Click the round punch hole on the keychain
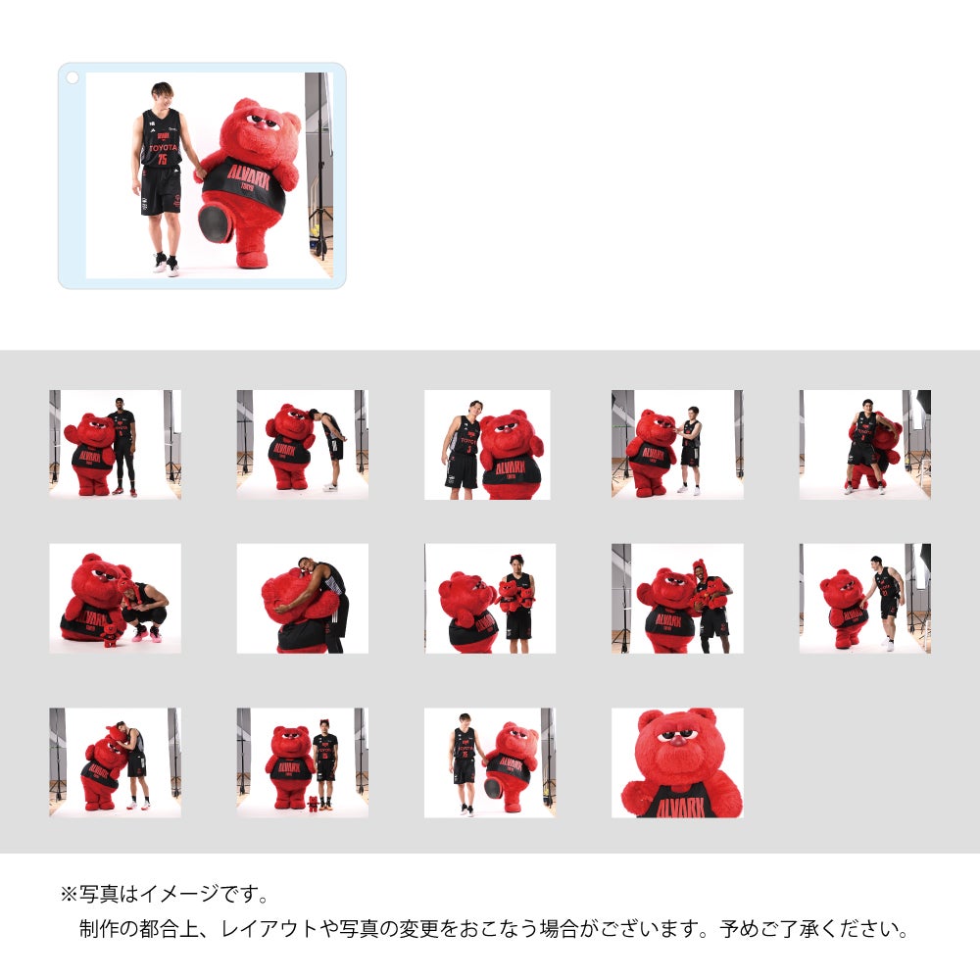click(x=72, y=76)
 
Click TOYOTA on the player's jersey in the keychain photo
click(x=162, y=150)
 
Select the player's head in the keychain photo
click(x=161, y=95)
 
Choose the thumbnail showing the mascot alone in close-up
click(x=677, y=762)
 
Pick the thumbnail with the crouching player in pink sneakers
click(x=115, y=598)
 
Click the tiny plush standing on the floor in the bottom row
click(x=313, y=804)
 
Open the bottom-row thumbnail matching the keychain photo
click(x=489, y=762)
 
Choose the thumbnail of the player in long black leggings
click(x=115, y=444)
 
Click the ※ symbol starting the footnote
click(x=69, y=894)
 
